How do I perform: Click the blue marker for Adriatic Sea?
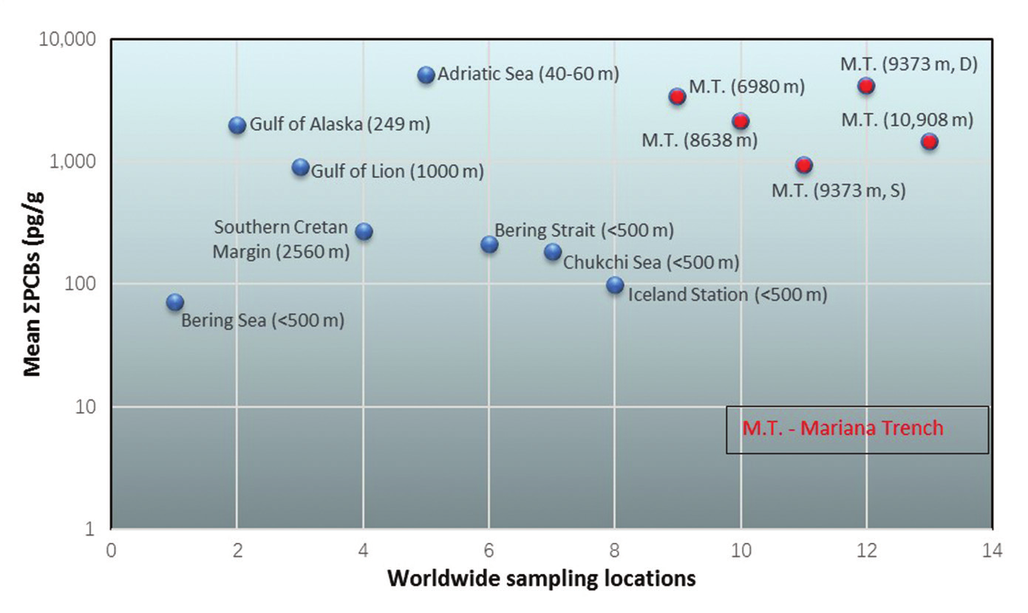click(426, 75)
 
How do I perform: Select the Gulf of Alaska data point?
click(236, 125)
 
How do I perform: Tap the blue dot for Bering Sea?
click(174, 301)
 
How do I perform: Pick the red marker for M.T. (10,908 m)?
click(929, 141)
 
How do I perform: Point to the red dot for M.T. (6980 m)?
click(677, 96)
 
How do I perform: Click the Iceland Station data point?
click(615, 285)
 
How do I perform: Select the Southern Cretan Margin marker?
click(364, 231)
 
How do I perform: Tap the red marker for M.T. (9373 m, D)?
click(866, 86)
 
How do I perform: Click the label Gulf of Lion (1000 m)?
click(397, 171)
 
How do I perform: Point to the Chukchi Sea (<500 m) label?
click(651, 262)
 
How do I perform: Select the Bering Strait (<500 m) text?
click(584, 230)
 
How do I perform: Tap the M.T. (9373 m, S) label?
click(838, 191)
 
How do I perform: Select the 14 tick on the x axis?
click(992, 550)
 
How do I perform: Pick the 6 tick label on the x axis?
click(489, 550)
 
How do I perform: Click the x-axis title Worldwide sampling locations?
click(541, 578)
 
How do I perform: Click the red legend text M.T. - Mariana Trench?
click(843, 428)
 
